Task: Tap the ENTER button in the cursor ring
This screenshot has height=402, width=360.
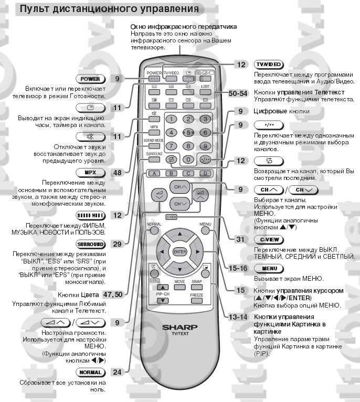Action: click(x=179, y=252)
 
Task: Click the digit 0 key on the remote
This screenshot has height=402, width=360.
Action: click(x=188, y=159)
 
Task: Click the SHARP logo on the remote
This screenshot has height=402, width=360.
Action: click(x=179, y=327)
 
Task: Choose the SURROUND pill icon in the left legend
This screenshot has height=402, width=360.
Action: click(x=90, y=245)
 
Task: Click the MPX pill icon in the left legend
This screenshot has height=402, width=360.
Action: click(x=90, y=172)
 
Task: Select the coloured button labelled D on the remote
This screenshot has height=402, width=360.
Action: click(x=206, y=173)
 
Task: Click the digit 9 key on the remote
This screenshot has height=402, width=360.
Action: click(x=206, y=146)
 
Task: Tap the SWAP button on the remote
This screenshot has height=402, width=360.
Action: click(x=197, y=281)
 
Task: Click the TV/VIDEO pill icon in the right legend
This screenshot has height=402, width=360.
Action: click(x=268, y=65)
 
